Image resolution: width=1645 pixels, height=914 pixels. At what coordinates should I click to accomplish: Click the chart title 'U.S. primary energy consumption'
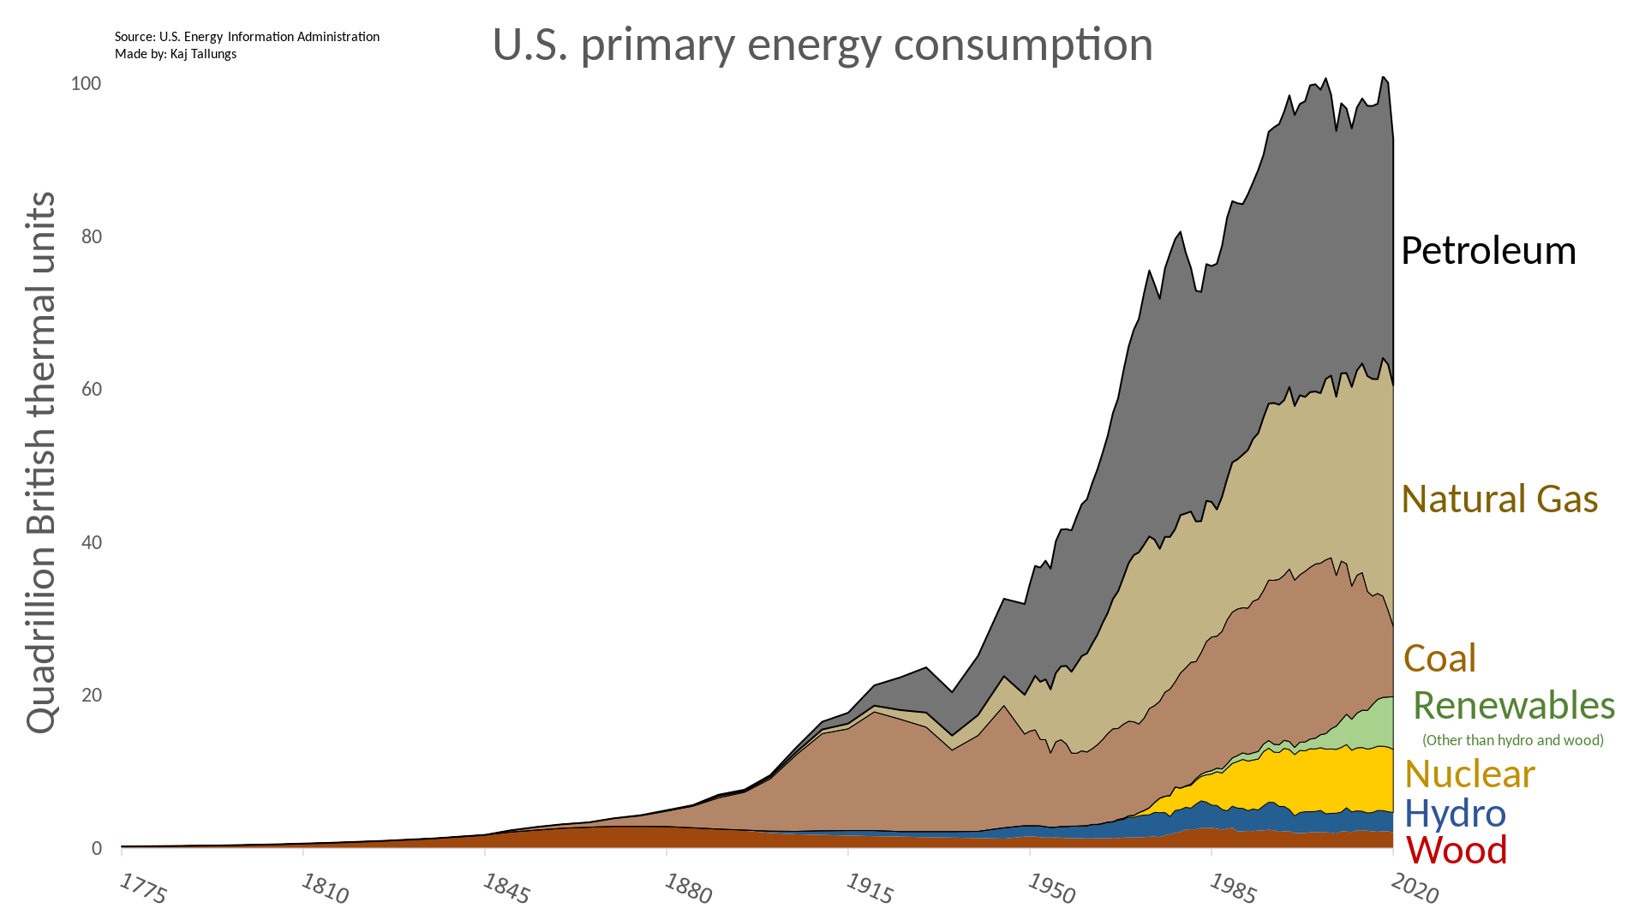[822, 45]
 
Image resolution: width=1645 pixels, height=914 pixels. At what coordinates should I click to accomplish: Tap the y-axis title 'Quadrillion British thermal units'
[41, 463]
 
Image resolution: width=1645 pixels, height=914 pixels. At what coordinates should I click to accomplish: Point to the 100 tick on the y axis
[86, 83]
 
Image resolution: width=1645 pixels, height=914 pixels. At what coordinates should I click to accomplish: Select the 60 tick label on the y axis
[91, 389]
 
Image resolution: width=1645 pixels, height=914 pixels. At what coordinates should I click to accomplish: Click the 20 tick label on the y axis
[91, 695]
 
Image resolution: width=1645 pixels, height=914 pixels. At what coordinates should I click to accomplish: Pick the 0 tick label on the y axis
[96, 848]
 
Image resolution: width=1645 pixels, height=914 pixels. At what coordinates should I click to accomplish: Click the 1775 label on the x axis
[143, 889]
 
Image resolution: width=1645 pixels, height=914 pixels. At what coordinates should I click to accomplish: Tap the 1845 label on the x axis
[506, 889]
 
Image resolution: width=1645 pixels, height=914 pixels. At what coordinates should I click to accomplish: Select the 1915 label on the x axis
[870, 889]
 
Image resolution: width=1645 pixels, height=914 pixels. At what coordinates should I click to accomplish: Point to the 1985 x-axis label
[1233, 889]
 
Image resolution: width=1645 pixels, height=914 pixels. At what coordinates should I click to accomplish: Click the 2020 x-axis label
[1415, 889]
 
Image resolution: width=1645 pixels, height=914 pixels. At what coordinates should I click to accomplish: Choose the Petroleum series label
[1488, 251]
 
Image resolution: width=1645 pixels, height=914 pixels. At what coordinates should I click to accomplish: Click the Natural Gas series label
[1499, 499]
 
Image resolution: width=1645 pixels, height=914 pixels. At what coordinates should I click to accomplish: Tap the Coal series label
[1439, 658]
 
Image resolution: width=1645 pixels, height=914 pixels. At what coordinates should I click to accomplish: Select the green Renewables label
[1514, 705]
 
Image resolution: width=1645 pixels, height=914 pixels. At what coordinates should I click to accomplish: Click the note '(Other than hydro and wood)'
[1513, 740]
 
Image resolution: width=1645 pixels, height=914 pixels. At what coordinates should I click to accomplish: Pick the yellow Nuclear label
[1469, 774]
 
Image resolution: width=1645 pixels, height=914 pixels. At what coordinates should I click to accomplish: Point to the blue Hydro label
[1455, 813]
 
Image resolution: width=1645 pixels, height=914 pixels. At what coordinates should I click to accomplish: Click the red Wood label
[1457, 850]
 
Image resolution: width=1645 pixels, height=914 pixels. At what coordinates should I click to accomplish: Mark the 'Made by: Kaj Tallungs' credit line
[176, 54]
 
